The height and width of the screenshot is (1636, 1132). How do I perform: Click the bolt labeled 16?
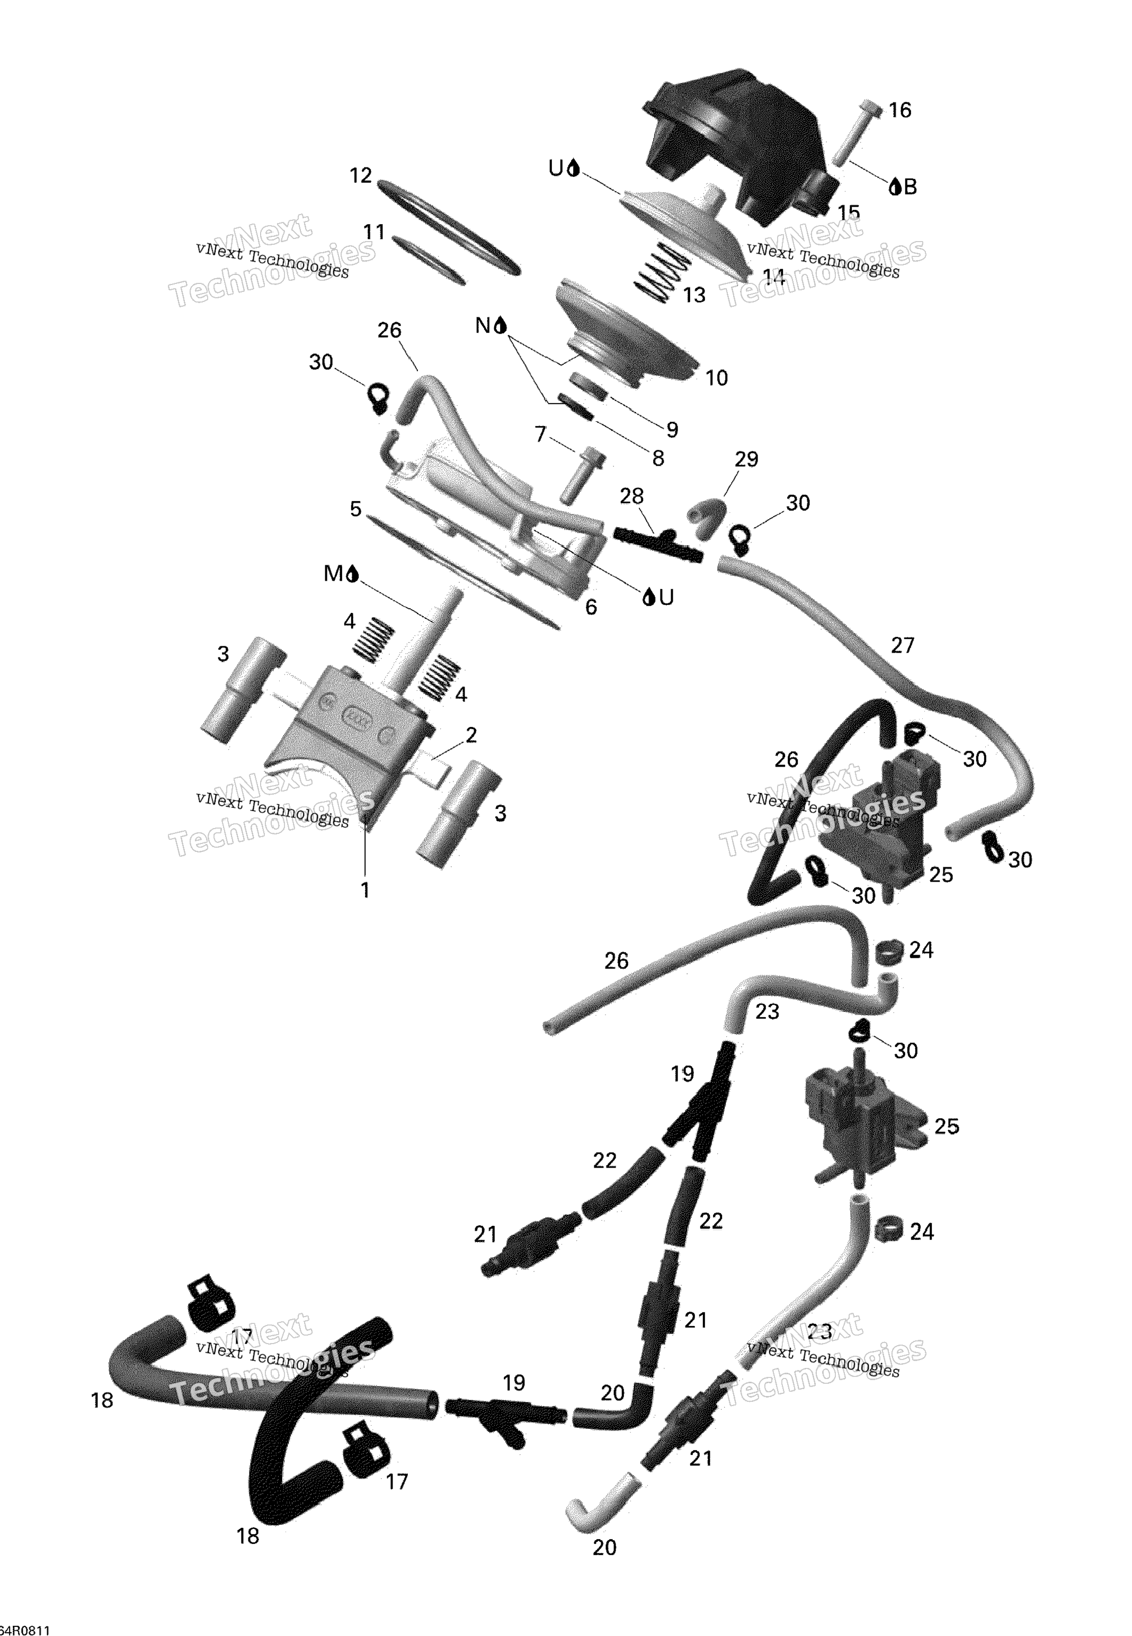[x=857, y=134]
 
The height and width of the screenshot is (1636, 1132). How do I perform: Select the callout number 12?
[x=361, y=175]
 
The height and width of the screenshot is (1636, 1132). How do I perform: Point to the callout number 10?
[x=716, y=378]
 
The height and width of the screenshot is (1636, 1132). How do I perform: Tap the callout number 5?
[x=356, y=509]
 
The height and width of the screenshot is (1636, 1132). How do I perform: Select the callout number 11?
[x=374, y=232]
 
